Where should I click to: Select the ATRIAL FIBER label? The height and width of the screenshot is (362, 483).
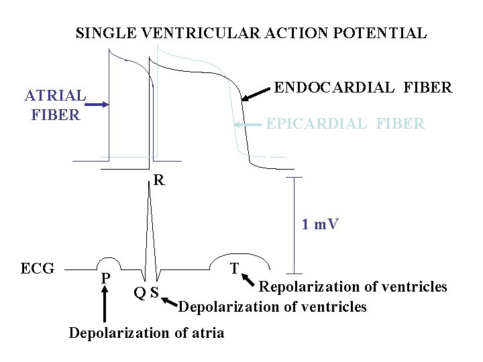tap(56, 105)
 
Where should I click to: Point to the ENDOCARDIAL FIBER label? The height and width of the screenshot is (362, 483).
tap(364, 88)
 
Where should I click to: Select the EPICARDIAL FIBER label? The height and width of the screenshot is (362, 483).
tap(345, 123)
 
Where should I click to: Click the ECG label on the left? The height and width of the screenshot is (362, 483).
tap(38, 269)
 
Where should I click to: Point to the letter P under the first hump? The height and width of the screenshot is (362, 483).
tap(105, 278)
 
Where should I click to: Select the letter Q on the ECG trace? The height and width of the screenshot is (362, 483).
tap(139, 292)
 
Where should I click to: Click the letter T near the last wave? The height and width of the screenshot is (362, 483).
tap(234, 269)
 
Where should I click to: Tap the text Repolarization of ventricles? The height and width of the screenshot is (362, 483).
tap(353, 287)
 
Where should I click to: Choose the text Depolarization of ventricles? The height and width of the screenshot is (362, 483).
tap(272, 307)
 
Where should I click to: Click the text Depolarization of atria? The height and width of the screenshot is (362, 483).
tap(147, 333)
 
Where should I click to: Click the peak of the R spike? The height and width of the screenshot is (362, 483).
tap(148, 184)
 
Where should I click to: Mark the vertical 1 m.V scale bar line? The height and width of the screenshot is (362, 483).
tap(293, 225)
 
